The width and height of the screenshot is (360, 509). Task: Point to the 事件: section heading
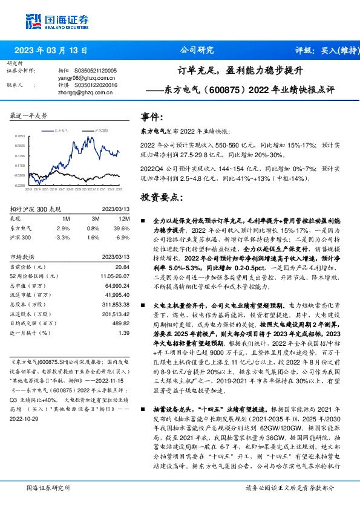coord(151,117)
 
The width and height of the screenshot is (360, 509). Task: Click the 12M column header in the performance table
coord(125,218)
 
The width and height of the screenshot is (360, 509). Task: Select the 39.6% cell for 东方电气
coord(123,227)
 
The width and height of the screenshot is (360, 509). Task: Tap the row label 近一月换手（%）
coord(29,332)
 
